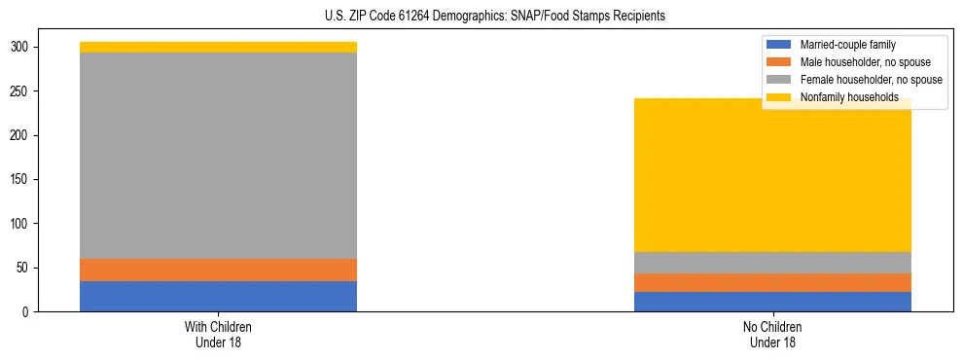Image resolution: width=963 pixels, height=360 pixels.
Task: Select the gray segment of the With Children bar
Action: tap(218, 156)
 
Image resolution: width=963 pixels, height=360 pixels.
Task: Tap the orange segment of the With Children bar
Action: tap(218, 270)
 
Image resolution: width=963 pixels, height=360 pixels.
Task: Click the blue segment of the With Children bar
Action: tap(218, 296)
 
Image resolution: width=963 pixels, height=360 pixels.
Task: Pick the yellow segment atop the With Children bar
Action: tap(218, 47)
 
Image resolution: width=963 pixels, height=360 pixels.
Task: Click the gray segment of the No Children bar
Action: tap(772, 263)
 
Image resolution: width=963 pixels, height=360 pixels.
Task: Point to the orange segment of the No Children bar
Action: tap(772, 282)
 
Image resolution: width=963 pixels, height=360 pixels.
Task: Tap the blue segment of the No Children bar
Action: tap(772, 302)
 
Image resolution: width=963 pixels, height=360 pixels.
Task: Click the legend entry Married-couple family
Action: tap(847, 45)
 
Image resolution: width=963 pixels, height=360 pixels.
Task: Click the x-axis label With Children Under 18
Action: tap(218, 334)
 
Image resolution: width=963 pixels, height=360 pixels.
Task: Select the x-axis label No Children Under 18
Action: tap(772, 334)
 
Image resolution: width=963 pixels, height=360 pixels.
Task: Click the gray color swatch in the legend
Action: tap(779, 80)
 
